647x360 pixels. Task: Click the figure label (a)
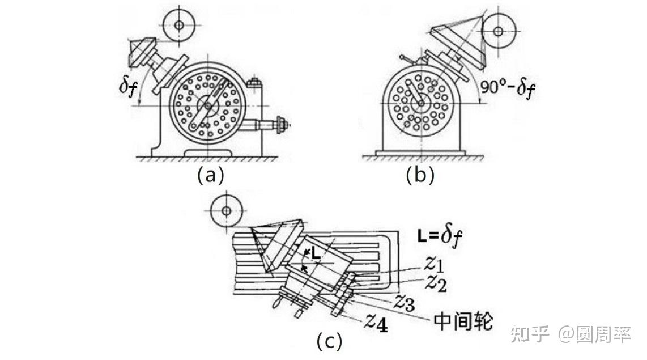(x=211, y=175)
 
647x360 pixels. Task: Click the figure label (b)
(x=420, y=175)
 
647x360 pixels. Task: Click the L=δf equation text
(x=440, y=235)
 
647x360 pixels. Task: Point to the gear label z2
(x=436, y=282)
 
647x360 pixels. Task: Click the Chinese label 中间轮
(x=463, y=321)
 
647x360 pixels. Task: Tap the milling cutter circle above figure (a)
(x=179, y=25)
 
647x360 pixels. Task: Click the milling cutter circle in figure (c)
(x=226, y=211)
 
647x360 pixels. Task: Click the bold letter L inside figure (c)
(x=316, y=256)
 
